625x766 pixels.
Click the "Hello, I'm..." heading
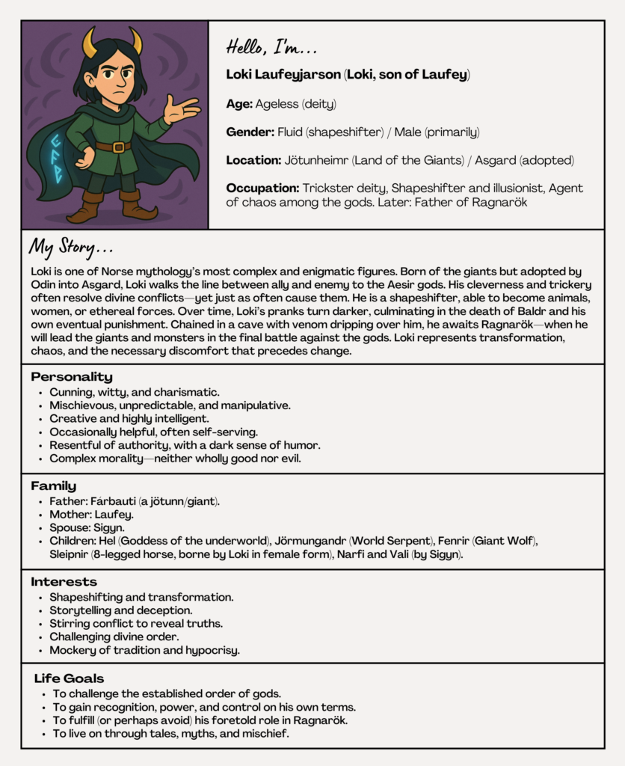271,48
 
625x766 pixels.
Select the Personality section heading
72,377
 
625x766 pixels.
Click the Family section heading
53,486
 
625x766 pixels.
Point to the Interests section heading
64,581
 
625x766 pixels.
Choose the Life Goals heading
69,678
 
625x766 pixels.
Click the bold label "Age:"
239,105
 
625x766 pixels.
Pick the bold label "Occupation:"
262,187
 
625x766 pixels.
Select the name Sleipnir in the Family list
71,554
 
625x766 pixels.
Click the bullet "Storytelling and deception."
121,610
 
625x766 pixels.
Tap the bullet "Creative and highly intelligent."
129,419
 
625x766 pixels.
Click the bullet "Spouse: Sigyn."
87,527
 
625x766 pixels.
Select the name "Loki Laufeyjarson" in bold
284,75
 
